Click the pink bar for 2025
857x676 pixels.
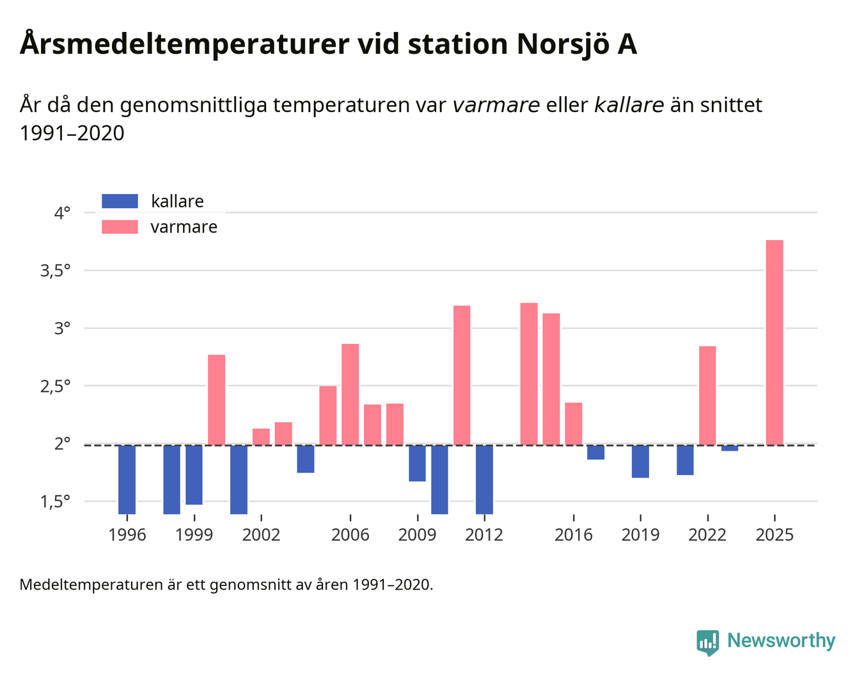point(774,342)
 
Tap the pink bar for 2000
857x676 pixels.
point(216,399)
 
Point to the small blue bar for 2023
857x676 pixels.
point(730,447)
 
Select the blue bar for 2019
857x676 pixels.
point(640,461)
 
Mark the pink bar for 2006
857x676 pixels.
point(350,394)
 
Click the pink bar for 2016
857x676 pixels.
point(574,423)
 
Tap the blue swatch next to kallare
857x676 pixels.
point(120,201)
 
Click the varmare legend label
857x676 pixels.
point(184,227)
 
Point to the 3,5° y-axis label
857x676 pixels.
point(55,271)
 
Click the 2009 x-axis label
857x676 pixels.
point(417,535)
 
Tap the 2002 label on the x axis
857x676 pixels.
point(261,535)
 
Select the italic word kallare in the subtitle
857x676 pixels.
point(629,105)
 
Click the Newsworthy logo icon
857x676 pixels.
point(708,641)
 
